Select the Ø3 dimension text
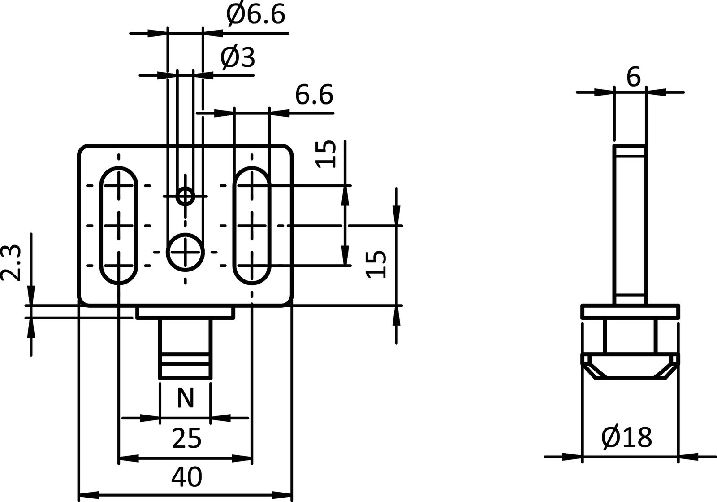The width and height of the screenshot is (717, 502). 238,57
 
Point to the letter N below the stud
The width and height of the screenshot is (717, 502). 186,397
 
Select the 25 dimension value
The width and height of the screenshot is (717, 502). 186,438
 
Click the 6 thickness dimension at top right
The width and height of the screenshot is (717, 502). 633,78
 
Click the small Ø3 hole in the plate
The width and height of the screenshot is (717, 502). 185,196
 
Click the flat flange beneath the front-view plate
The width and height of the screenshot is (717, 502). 185,312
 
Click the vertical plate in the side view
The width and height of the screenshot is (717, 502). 630,224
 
